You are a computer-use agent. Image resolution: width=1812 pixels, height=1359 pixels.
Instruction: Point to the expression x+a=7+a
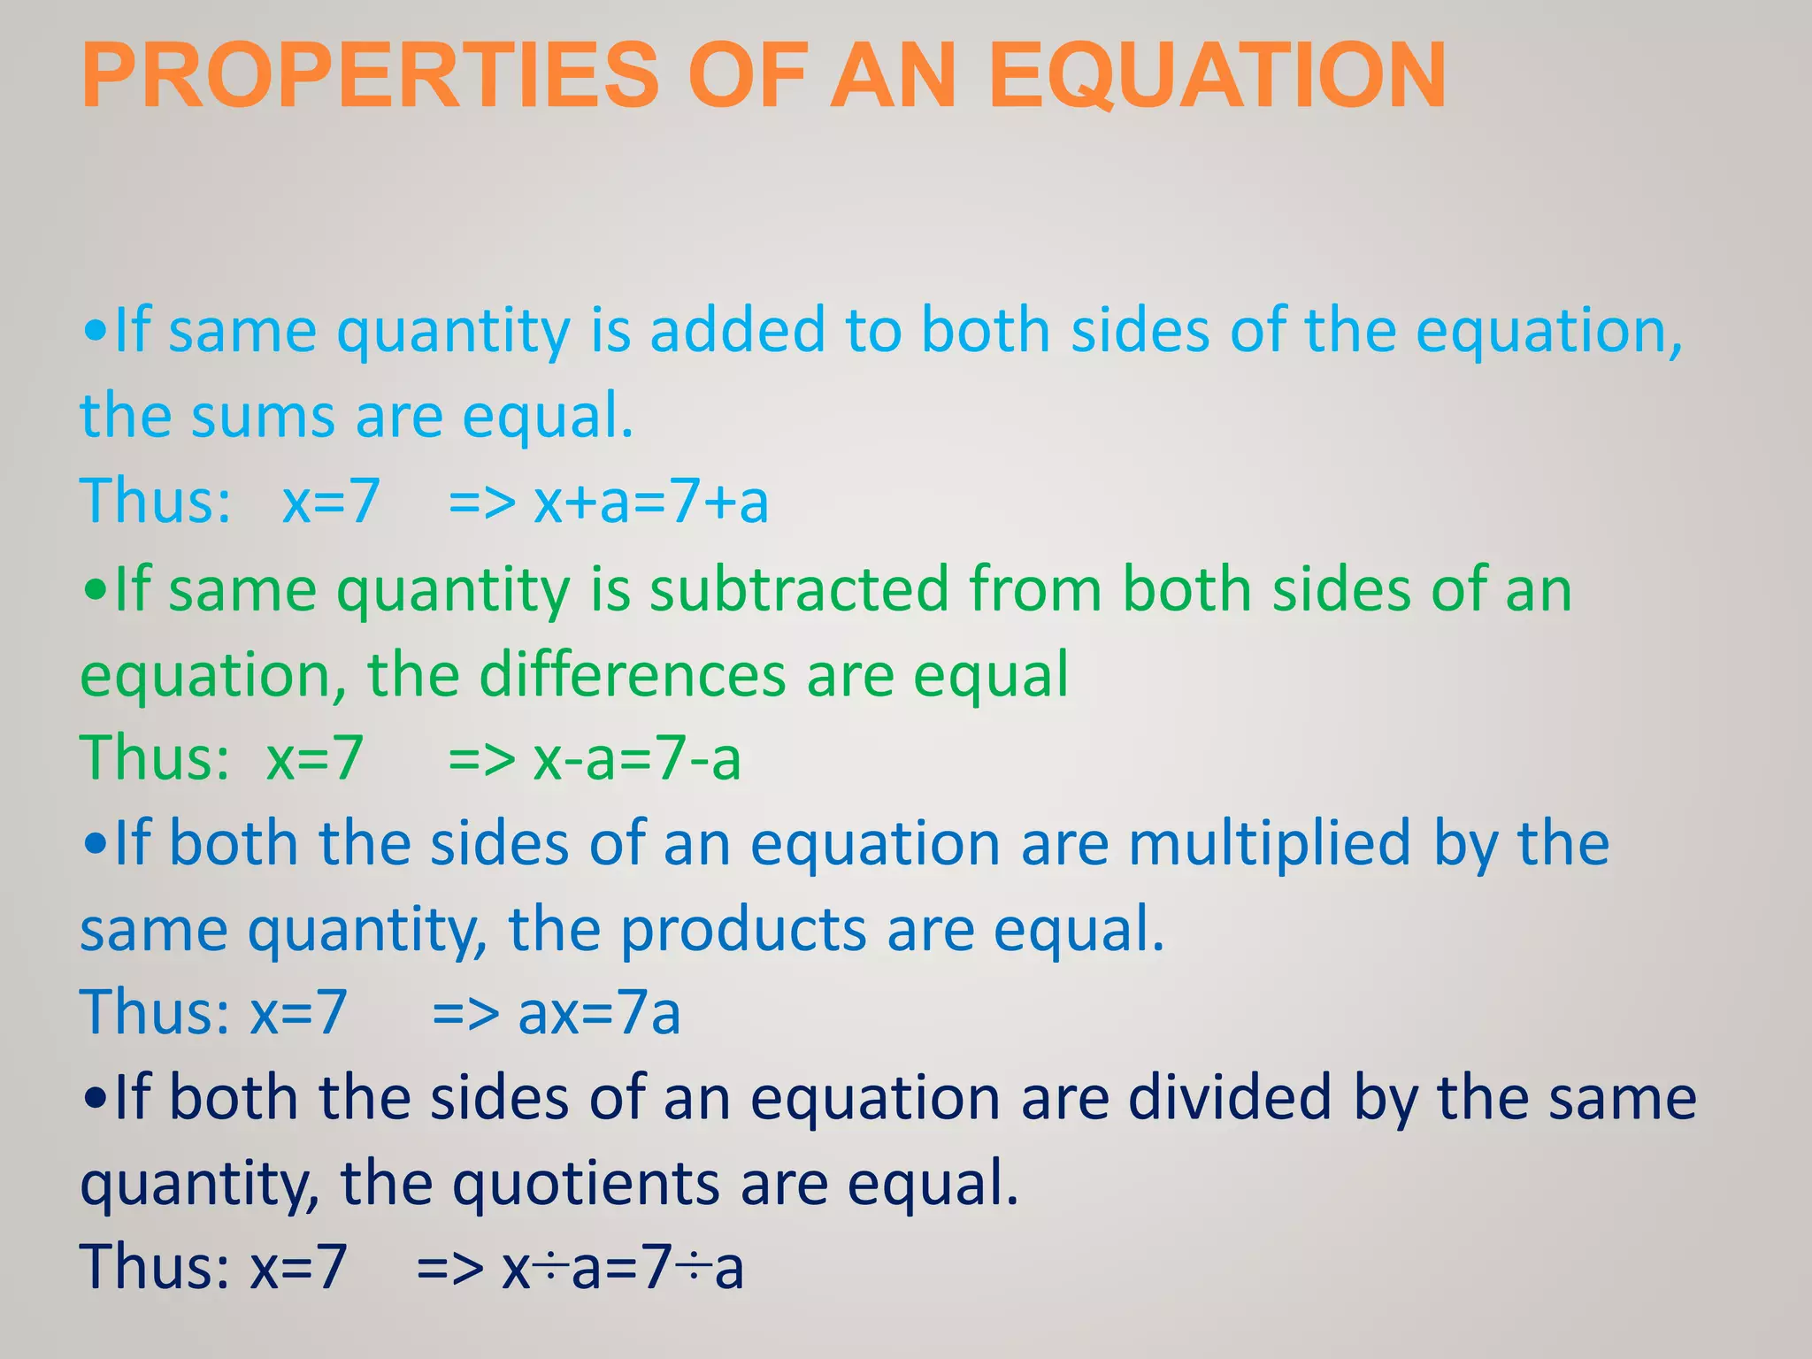pyautogui.click(x=650, y=501)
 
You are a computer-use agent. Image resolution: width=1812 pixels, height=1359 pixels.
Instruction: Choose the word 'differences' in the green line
pyautogui.click(x=632, y=675)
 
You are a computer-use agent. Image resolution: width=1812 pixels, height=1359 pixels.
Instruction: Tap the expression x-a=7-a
pyautogui.click(x=636, y=758)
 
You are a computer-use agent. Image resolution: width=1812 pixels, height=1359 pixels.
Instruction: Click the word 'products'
pyautogui.click(x=742, y=929)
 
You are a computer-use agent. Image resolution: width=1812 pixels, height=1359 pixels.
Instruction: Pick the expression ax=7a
pyautogui.click(x=599, y=1013)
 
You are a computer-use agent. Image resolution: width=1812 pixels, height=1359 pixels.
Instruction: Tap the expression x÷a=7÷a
pyautogui.click(x=622, y=1267)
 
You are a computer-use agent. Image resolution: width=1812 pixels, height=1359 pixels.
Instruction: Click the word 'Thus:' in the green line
pyautogui.click(x=155, y=758)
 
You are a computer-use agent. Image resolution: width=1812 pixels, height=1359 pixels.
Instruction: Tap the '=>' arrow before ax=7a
pyautogui.click(x=465, y=1013)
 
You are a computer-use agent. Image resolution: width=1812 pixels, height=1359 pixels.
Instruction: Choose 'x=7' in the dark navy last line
pyautogui.click(x=298, y=1267)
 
